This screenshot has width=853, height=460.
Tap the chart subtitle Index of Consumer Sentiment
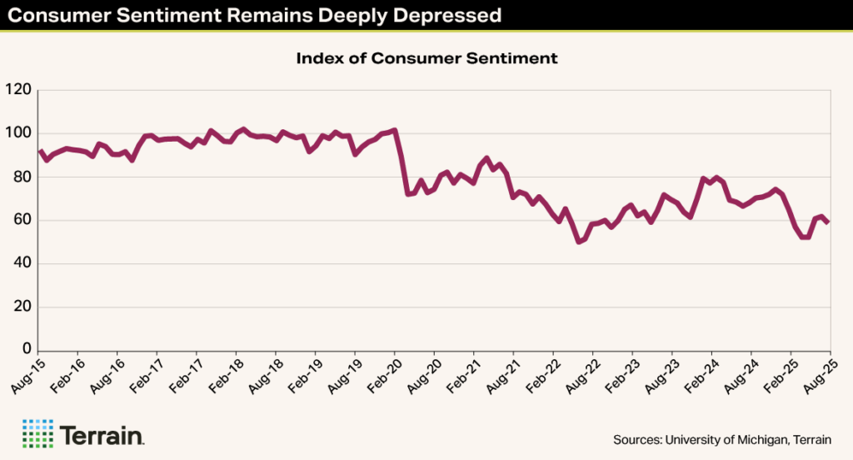tap(426, 58)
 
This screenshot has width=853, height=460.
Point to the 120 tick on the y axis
tap(18, 90)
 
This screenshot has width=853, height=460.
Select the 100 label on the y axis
tap(18, 133)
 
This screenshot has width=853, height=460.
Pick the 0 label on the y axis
tap(27, 350)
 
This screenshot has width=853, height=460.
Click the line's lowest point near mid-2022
tap(579, 242)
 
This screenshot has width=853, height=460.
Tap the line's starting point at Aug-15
tap(40, 151)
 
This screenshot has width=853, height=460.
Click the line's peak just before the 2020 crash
tap(395, 130)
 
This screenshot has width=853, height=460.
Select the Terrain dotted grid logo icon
tap(37, 433)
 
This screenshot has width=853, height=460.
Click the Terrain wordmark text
tap(102, 434)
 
